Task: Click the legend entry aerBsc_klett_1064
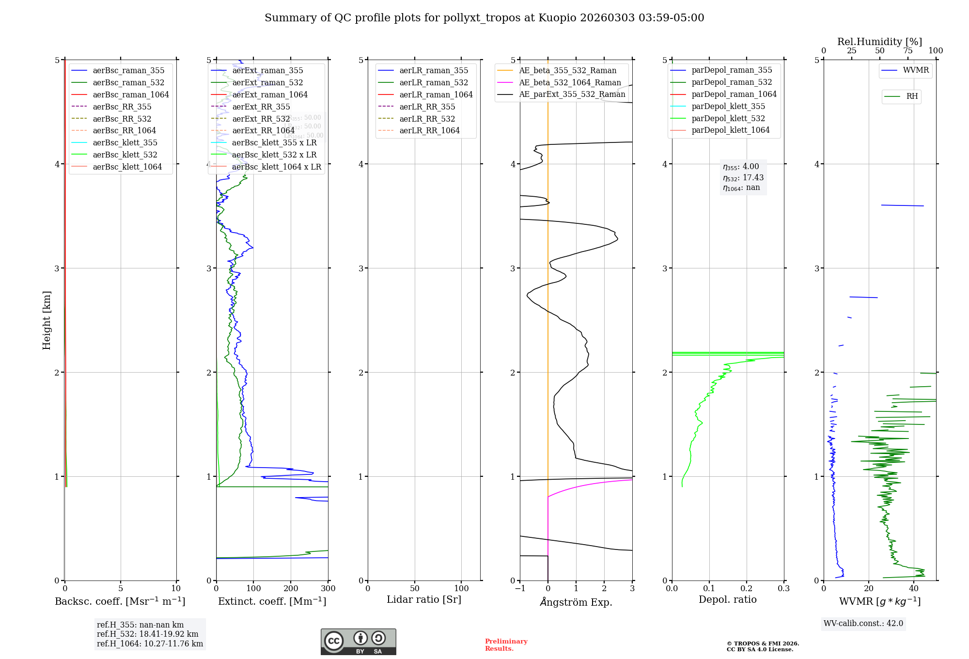pyautogui.click(x=127, y=167)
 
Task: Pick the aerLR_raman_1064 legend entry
pyautogui.click(x=436, y=94)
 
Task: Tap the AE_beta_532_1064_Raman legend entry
pyautogui.click(x=570, y=82)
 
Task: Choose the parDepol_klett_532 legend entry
pyautogui.click(x=728, y=118)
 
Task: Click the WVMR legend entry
pyautogui.click(x=916, y=70)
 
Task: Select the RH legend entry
pyautogui.click(x=912, y=96)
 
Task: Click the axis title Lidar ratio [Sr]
pyautogui.click(x=424, y=599)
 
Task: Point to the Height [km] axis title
pyautogui.click(x=47, y=320)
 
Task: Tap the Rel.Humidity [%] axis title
pyautogui.click(x=879, y=42)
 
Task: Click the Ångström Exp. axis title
pyautogui.click(x=576, y=602)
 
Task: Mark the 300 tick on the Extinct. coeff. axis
pyautogui.click(x=328, y=588)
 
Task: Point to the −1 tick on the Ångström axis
pyautogui.click(x=520, y=588)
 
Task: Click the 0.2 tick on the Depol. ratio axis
pyautogui.click(x=747, y=588)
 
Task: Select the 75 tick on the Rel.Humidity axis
pyautogui.click(x=907, y=51)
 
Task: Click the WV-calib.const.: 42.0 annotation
pyautogui.click(x=863, y=623)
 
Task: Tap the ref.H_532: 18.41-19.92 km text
pyautogui.click(x=147, y=634)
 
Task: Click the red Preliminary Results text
pyautogui.click(x=506, y=644)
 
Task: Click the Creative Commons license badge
pyautogui.click(x=358, y=642)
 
